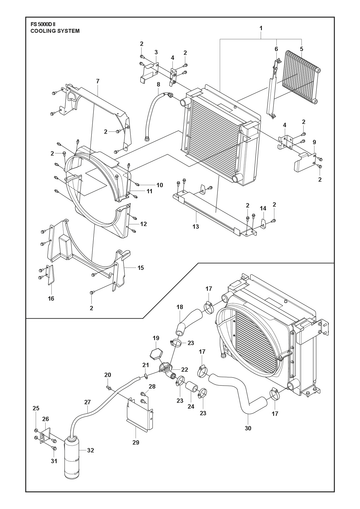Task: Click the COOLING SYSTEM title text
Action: (x=55, y=31)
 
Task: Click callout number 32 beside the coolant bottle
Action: (x=90, y=450)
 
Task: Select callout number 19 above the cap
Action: (x=156, y=338)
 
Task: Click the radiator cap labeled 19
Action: (x=156, y=353)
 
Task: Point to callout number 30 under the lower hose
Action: (x=248, y=428)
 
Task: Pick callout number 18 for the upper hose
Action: (x=180, y=307)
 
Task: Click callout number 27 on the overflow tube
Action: (x=87, y=402)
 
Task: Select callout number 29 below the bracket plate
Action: (x=135, y=443)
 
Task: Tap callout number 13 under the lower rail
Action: (x=196, y=227)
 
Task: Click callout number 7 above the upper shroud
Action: (x=98, y=81)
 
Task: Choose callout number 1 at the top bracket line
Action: (x=261, y=28)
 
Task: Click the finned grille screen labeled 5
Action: (x=301, y=77)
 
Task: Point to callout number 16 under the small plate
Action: (x=51, y=299)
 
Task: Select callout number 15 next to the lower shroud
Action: (x=141, y=268)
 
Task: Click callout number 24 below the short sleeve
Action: (x=191, y=407)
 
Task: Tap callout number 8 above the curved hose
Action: (x=158, y=84)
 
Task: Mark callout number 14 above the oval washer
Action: (x=263, y=209)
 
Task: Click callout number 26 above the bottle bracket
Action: (x=46, y=419)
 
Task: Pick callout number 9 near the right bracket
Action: (x=314, y=142)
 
